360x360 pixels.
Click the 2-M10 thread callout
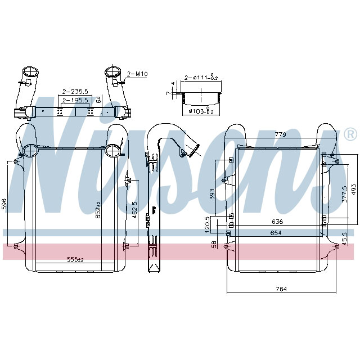coord(137,74)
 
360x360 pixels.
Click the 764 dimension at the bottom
coord(281,289)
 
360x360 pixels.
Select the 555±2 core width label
coord(75,259)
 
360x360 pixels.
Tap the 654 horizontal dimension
coord(276,232)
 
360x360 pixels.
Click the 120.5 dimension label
coord(207,224)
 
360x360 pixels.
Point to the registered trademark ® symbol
coord(349,134)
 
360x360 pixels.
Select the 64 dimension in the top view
coord(98,100)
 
